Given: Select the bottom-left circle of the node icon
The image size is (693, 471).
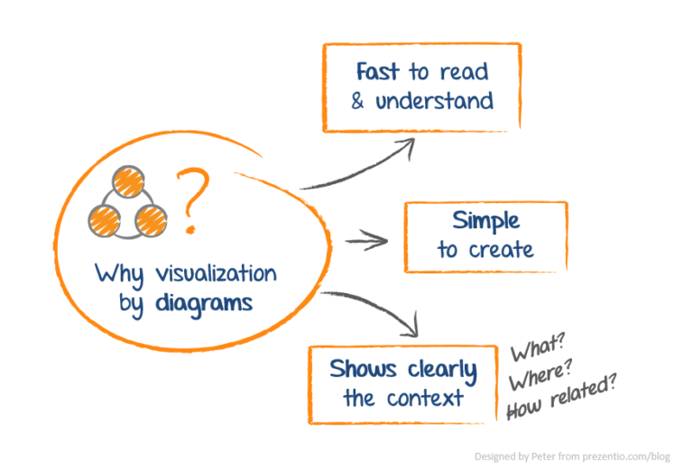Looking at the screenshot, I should (105, 217).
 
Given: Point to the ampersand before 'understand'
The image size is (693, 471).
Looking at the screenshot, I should (358, 101).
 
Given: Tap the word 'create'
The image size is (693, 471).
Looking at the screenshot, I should (502, 250).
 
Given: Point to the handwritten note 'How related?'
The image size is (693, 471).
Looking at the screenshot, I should (560, 398).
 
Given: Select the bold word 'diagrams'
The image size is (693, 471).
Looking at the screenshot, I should (203, 303).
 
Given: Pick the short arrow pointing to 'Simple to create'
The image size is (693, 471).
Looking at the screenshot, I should (365, 240).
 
